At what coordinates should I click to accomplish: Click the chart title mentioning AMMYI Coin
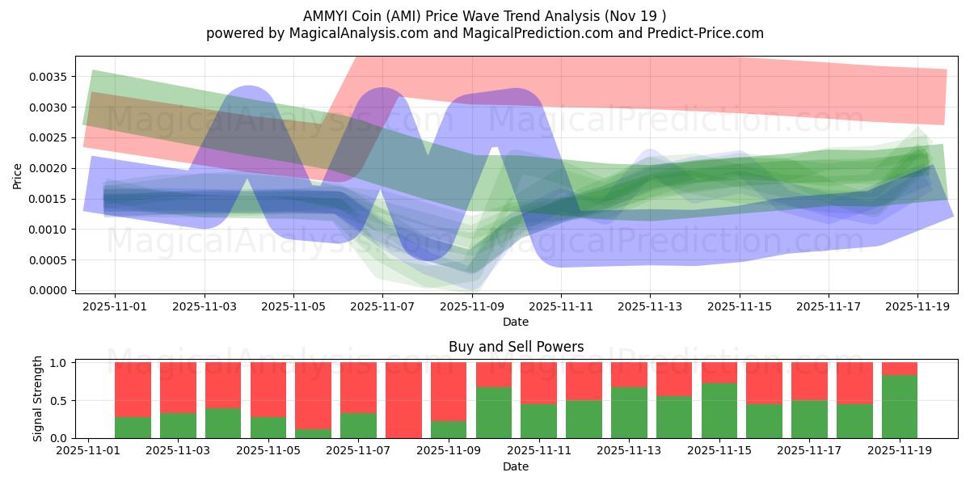[x=485, y=16]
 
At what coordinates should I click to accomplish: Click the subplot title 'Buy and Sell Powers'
[x=516, y=348]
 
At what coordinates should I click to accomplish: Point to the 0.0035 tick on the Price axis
[x=51, y=77]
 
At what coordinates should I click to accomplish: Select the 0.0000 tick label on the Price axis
[x=51, y=290]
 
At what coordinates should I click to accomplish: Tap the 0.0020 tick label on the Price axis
[x=51, y=168]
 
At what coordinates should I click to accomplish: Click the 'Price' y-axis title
[x=18, y=175]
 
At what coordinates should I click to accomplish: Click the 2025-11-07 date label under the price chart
[x=382, y=306]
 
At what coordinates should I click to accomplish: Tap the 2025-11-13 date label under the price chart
[x=650, y=306]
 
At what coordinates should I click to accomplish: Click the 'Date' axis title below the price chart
[x=516, y=322]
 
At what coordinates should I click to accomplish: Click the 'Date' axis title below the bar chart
[x=516, y=466]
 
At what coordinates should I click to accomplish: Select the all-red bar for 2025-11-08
[x=403, y=400]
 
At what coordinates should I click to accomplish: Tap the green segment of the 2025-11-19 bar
[x=900, y=407]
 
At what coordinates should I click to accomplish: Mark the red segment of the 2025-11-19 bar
[x=900, y=369]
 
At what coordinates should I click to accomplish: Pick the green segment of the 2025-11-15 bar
[x=719, y=411]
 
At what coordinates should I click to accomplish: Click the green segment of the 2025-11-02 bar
[x=133, y=428]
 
